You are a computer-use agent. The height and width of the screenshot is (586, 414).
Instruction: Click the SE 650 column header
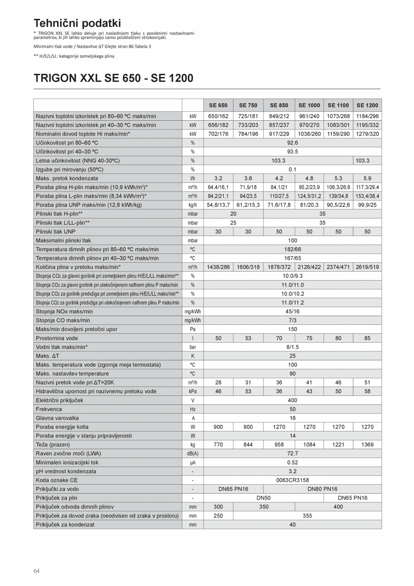[218, 105]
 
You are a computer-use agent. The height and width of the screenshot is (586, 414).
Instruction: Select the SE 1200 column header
[367, 105]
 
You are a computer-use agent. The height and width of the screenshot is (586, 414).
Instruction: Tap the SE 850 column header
[279, 105]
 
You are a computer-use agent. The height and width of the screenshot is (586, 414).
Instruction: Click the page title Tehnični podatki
[77, 23]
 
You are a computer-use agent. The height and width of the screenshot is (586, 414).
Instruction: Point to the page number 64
[36, 571]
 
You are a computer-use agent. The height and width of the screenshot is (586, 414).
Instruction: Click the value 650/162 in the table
[218, 116]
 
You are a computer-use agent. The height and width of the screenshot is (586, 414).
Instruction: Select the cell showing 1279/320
[367, 134]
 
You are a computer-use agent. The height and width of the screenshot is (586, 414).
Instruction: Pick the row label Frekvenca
[49, 409]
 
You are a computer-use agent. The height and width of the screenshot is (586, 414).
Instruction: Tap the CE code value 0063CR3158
[292, 480]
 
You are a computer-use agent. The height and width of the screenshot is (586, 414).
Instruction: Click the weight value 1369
[367, 445]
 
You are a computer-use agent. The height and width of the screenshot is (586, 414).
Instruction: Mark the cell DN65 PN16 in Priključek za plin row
[352, 498]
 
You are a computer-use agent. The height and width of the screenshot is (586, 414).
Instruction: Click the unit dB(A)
[193, 454]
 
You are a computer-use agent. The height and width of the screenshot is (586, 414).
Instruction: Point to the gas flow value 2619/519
[367, 267]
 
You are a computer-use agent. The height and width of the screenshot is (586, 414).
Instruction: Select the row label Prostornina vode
[57, 338]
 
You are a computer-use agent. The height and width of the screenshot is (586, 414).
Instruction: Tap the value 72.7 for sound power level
[292, 454]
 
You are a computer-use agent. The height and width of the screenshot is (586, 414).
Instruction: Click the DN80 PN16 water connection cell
[322, 489]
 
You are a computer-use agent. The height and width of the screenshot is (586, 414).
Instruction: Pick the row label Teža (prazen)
[53, 445]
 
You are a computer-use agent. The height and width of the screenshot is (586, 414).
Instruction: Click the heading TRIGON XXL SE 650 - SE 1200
[113, 78]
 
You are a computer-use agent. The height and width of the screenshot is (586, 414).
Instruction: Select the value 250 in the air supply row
[218, 516]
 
